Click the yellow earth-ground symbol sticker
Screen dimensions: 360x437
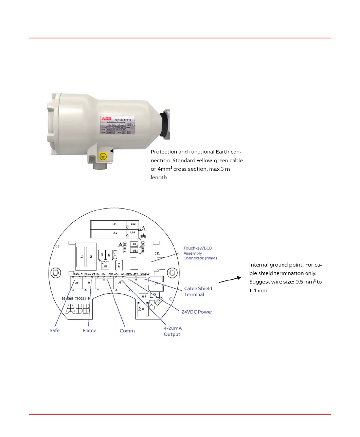click(x=103, y=156)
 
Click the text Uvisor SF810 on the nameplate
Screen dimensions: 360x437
click(x=123, y=120)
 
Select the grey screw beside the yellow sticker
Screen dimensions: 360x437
click(x=92, y=159)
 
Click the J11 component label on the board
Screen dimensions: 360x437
click(x=157, y=253)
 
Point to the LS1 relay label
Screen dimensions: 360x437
click(x=114, y=224)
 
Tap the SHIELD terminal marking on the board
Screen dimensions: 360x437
click(x=145, y=274)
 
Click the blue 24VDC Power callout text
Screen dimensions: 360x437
click(x=197, y=312)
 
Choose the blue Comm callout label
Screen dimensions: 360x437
click(x=127, y=331)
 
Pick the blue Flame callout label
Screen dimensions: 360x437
click(x=89, y=330)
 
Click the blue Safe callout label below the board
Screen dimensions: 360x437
click(x=54, y=330)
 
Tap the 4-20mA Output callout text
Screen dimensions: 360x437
click(x=173, y=331)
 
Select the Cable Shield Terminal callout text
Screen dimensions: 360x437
click(x=198, y=291)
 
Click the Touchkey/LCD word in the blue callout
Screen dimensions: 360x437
click(x=197, y=248)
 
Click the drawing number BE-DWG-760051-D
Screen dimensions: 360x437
click(x=76, y=299)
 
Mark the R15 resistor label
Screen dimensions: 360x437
click(x=144, y=296)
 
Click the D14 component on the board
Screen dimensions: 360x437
click(x=140, y=309)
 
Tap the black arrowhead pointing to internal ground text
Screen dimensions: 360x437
click(x=239, y=278)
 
